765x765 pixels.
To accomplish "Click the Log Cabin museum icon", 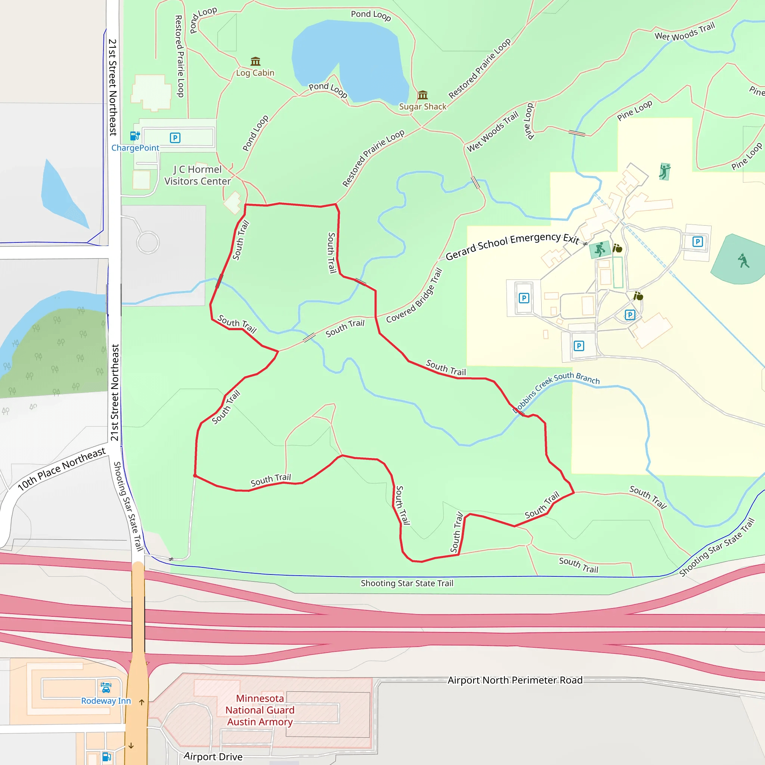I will tap(255, 61).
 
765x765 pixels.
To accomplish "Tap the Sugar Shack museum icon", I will tap(422, 95).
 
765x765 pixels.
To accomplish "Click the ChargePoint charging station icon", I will tap(134, 136).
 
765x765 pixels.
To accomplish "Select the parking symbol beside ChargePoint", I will tap(175, 138).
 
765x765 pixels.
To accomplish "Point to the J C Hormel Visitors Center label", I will tap(198, 176).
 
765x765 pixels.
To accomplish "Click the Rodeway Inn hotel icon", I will tap(106, 687).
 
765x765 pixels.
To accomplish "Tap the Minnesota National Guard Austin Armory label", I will tap(260, 710).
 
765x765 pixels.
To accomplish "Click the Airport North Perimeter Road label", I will tap(515, 680).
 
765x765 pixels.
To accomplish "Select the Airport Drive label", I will tap(213, 757).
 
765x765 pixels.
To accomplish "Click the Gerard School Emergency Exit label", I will tap(512, 246).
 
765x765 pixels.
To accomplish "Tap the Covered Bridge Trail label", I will tap(414, 296).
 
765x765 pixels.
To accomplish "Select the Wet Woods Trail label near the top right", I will tap(685, 32).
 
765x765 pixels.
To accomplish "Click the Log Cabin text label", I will tap(255, 73).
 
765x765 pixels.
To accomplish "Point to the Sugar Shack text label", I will tap(422, 106).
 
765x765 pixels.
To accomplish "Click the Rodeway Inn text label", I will tap(106, 701).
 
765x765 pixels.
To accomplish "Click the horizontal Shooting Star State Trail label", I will tap(407, 583).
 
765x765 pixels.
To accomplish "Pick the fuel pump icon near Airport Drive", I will tap(106, 757).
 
